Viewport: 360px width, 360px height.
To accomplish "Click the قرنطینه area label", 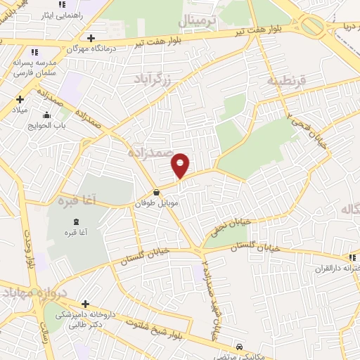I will coord(286,81).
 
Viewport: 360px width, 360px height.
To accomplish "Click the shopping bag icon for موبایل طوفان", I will coord(155,191).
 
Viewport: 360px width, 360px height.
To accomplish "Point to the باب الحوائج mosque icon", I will coord(47,116).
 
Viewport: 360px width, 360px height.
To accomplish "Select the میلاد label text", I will coord(19,110).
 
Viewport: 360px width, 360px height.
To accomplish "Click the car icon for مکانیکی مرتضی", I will coord(240,347).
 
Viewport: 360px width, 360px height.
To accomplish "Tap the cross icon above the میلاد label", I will coord(20,99).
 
